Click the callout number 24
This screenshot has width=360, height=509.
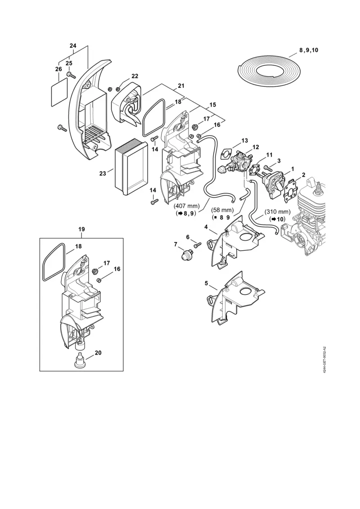pyautogui.click(x=73, y=45)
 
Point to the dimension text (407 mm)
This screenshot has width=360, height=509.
pyautogui.click(x=186, y=206)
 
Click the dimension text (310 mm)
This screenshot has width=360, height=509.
pyautogui.click(x=278, y=212)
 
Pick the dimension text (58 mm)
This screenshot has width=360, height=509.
pyautogui.click(x=223, y=210)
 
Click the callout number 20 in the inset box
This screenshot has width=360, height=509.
pyautogui.click(x=98, y=352)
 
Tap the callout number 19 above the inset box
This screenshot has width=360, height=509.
pyautogui.click(x=81, y=229)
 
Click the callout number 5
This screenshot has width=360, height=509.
pyautogui.click(x=207, y=284)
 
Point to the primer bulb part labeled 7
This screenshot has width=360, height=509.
pyautogui.click(x=183, y=254)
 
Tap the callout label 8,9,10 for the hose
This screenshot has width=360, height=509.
pyautogui.click(x=308, y=50)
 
